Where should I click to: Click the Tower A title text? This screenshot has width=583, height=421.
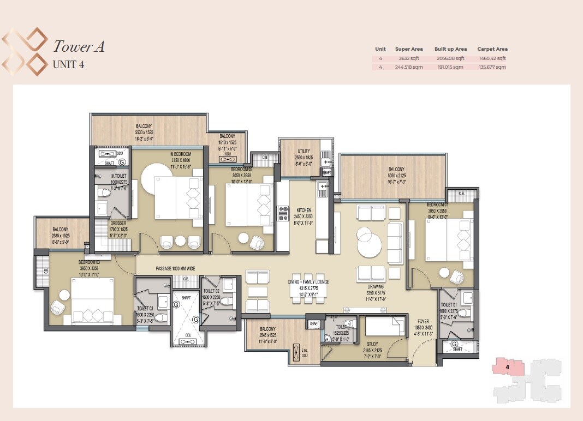coord(79,47)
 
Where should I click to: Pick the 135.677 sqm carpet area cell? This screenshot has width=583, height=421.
coord(492,67)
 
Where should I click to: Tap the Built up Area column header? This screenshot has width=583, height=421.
coord(450,49)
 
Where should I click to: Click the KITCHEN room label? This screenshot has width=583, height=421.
coord(304,210)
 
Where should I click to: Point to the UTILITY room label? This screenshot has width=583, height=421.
coord(304,151)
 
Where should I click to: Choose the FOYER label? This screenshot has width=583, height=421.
coord(423,321)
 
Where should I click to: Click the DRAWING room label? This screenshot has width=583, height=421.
coord(375,286)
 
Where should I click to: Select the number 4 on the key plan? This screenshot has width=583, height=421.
coord(508,368)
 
